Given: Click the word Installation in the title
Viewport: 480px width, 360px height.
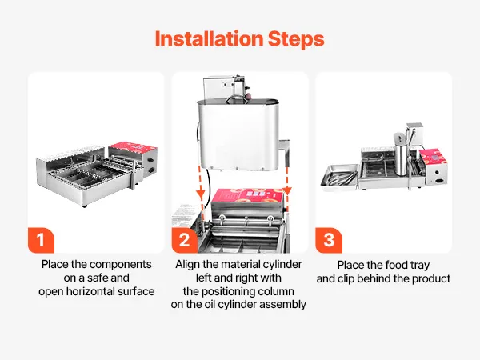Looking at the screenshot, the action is click(209, 39).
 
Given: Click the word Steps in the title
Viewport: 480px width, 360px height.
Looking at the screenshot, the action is click(296, 40).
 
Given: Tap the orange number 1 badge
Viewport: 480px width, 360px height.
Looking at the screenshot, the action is click(41, 240).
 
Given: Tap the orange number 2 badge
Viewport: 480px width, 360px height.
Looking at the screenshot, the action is click(185, 240).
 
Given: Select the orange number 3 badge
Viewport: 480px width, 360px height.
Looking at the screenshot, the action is click(329, 240).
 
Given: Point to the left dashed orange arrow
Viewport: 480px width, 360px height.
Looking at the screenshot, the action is click(201, 188).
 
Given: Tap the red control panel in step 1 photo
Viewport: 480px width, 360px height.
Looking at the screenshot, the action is click(132, 147).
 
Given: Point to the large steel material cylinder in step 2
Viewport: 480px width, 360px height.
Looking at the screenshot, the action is click(238, 134).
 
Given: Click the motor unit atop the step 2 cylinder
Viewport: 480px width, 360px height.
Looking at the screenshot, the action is click(225, 87).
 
